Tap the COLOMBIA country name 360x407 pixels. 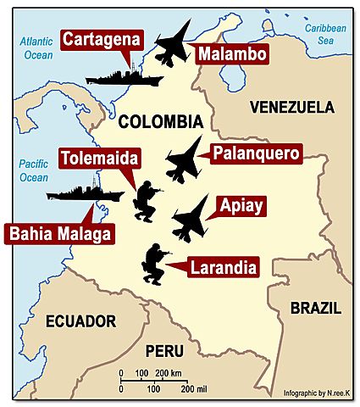click(x=160, y=121)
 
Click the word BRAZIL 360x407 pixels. click(x=315, y=308)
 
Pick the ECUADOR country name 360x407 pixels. click(x=80, y=321)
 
